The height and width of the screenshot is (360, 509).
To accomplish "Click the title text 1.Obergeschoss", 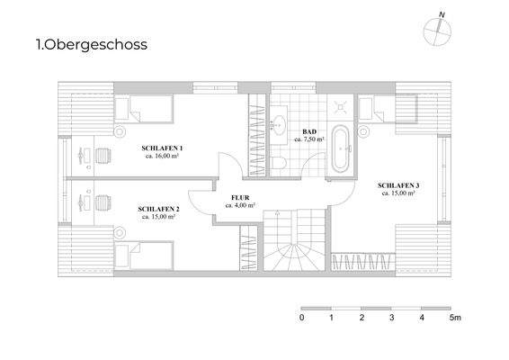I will click(x=90, y=43).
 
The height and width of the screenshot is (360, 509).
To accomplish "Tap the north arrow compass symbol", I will click(x=435, y=30).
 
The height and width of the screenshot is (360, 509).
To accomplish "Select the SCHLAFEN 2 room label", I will click(x=159, y=211).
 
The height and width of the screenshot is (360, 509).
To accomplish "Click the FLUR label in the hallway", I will click(x=240, y=200).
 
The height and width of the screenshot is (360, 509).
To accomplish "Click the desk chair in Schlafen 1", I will click(x=100, y=155).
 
